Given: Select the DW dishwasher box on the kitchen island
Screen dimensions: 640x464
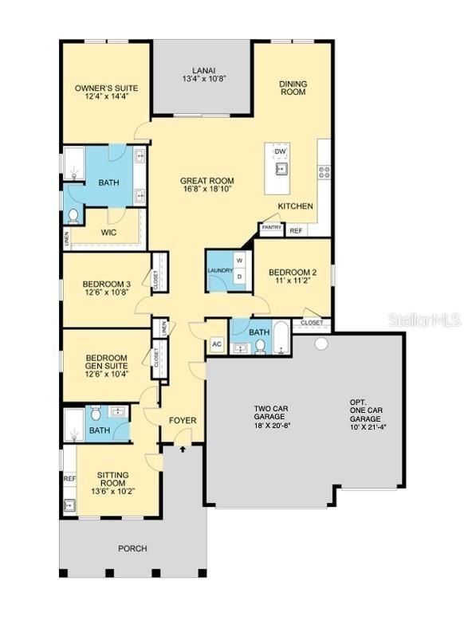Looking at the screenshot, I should click(280, 152).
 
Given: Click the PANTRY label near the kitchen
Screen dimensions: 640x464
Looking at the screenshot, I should click(270, 227).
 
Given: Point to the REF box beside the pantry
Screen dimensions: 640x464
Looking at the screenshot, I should click(296, 230).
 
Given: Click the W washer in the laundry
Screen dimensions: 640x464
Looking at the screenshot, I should click(238, 261).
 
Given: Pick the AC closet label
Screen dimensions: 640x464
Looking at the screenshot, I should click(216, 345).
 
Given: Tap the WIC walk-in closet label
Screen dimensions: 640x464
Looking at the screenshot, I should click(110, 233).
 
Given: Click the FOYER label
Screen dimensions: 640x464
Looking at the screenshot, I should click(183, 420).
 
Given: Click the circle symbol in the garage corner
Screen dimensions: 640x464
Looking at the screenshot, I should click(321, 344).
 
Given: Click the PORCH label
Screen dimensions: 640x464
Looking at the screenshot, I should click(132, 548).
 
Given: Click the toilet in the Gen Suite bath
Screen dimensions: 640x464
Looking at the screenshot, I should click(95, 413).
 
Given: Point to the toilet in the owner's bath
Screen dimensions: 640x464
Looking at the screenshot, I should click(73, 216).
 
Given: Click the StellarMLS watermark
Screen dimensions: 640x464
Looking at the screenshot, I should click(424, 320).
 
